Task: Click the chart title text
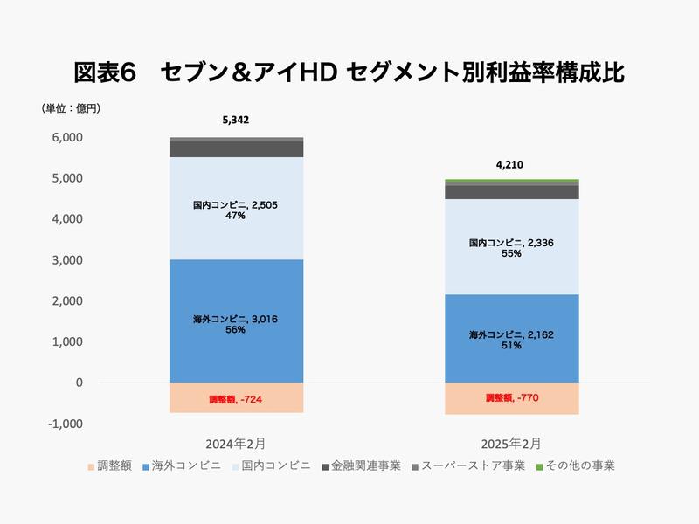tap(349, 72)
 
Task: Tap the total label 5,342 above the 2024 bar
tap(236, 121)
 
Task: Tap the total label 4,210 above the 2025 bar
tap(511, 163)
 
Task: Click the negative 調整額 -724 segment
tap(236, 398)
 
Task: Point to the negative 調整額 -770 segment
tap(511, 399)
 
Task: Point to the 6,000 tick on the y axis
tap(66, 137)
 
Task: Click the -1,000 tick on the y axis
tap(65, 424)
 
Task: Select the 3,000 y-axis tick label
tap(66, 260)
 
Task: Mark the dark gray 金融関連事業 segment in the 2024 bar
tap(236, 149)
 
